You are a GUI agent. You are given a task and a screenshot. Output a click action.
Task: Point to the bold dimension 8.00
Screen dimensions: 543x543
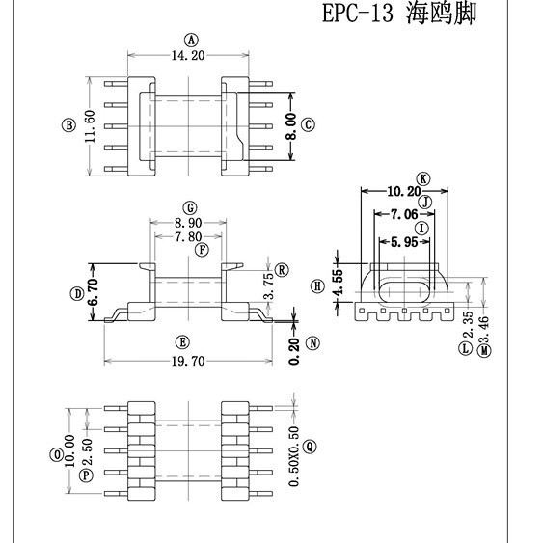(291, 124)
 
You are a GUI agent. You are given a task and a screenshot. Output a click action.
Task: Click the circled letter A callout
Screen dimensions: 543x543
(191, 41)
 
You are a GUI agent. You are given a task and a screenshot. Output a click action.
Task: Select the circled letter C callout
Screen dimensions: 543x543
(309, 124)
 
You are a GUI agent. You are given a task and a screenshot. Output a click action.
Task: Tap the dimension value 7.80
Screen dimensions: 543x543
(189, 236)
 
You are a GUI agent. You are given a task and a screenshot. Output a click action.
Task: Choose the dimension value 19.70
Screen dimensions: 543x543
(181, 361)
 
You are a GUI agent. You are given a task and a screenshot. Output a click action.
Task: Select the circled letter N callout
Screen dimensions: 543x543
(312, 342)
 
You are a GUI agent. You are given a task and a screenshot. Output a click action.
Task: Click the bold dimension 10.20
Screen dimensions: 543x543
(403, 191)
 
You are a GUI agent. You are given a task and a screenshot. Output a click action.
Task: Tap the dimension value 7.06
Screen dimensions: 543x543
(405, 214)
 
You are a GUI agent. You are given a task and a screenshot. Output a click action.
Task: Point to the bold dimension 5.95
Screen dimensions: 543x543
(404, 243)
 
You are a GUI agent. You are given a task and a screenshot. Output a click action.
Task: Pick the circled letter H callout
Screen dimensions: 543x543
(317, 286)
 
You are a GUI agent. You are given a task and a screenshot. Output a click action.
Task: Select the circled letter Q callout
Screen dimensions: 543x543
(309, 446)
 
